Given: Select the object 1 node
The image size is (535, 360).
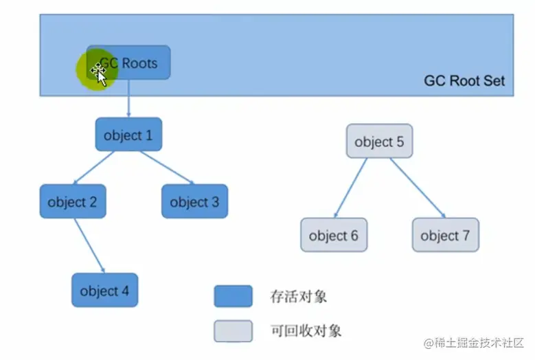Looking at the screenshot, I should pos(128,135).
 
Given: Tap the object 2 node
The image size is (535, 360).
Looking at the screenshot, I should pos(73,202).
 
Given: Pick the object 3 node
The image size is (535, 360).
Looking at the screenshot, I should pos(194,202).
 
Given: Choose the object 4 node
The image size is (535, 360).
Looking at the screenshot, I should pos(104,290).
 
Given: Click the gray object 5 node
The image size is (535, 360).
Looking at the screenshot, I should pos(379,142).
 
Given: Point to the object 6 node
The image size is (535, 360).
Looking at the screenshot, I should pos(334,236).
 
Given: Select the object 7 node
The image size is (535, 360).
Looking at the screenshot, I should pos(445,236).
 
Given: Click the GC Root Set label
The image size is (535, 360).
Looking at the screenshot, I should pos(464,80).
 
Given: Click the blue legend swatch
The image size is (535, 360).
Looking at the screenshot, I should pos(232,296).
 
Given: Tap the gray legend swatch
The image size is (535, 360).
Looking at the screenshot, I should pos(232,330).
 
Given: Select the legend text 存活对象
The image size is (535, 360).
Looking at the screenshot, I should pos(299,297).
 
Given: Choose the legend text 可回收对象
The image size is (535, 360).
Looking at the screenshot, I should pos(306,330).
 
